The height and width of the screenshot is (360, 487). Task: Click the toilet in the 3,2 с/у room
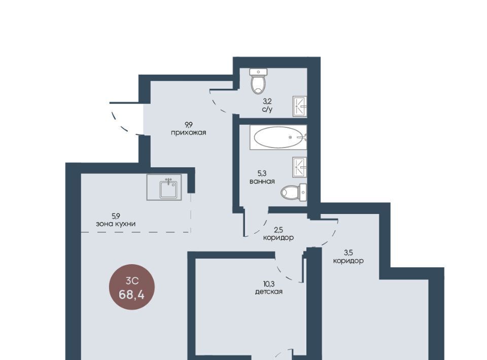tap(258, 81)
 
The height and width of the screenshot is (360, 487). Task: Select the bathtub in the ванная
tap(279, 137)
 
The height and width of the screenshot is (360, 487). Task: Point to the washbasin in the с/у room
tap(300, 106)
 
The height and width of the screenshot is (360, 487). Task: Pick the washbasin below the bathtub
tap(300, 167)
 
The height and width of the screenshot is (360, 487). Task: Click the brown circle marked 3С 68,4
tap(132, 287)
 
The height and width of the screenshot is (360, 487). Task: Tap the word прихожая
tap(189, 133)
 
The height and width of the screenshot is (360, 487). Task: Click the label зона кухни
tap(116, 224)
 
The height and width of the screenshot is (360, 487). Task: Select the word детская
tap(269, 292)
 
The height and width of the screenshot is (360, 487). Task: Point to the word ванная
tap(262, 181)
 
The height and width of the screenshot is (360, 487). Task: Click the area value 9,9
tap(189, 125)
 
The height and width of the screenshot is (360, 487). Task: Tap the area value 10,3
tap(269, 283)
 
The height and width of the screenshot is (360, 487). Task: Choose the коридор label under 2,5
tap(279, 238)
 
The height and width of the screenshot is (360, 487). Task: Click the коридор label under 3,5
tap(349, 261)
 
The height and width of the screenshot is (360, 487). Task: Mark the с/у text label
tap(267, 109)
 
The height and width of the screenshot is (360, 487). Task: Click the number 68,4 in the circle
tap(131, 294)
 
